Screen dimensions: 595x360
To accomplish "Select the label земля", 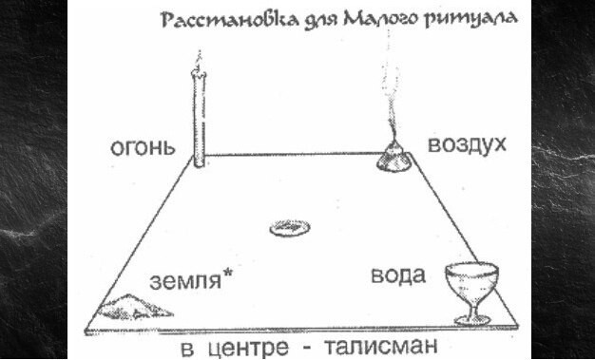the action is point(184,280).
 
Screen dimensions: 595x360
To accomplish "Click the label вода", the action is point(395,276).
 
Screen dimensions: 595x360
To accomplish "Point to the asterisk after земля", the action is point(229,275).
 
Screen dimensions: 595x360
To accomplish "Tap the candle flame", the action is point(198,58).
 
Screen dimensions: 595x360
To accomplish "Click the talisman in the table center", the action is point(288,227).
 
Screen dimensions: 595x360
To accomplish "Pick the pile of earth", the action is point(139,305).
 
